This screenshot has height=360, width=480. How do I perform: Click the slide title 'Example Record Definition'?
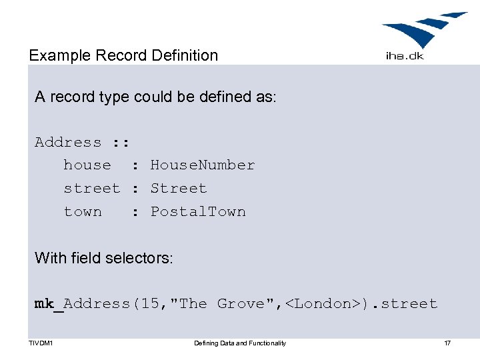123,55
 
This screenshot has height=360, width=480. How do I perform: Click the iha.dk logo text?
405,56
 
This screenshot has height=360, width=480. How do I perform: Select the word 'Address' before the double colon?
68,142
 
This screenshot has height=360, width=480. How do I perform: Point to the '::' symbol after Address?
121,142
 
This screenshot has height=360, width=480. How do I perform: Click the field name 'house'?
87,165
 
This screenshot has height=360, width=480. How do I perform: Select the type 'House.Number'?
203,165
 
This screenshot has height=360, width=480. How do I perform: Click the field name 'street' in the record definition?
92,189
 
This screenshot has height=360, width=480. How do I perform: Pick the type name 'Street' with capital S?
179,189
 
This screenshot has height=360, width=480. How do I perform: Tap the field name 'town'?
83,212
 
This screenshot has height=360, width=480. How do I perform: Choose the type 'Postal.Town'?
198,212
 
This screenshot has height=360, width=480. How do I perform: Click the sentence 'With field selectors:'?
104,257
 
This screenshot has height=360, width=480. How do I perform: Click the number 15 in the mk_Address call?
150,304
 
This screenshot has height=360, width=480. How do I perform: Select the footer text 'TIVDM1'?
41,343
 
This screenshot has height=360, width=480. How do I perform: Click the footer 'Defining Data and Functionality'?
240,343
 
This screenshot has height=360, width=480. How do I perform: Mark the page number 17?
447,343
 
